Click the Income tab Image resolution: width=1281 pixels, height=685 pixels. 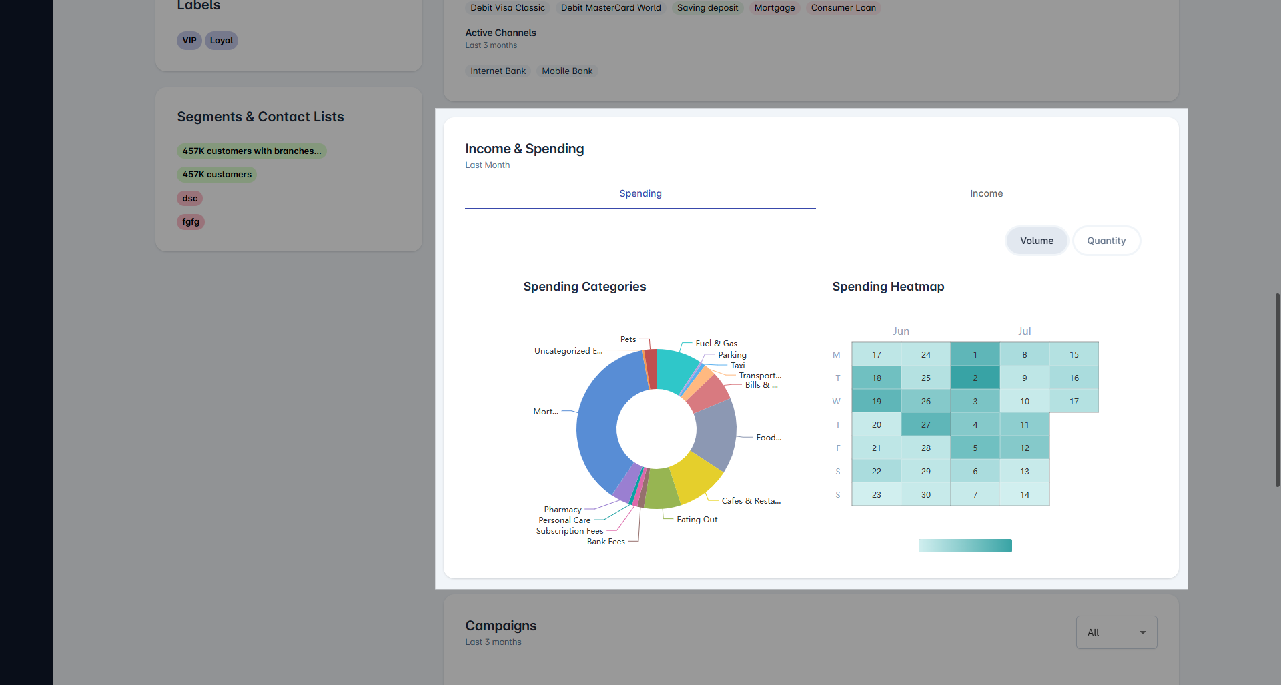pyautogui.click(x=986, y=193)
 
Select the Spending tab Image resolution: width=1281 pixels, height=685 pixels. pyautogui.click(x=640, y=193)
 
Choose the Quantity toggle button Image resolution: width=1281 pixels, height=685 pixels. pyautogui.click(x=1106, y=241)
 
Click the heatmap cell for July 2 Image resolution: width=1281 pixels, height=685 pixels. pyautogui.click(x=975, y=378)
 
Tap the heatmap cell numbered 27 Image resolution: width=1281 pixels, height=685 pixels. pyautogui.click(x=925, y=425)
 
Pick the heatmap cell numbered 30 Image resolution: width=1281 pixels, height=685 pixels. pyautogui.click(x=925, y=495)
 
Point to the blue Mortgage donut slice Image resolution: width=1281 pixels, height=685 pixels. pyautogui.click(x=596, y=427)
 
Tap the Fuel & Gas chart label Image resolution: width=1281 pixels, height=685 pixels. pyautogui.click(x=716, y=344)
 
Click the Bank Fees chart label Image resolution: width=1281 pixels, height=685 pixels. pyautogui.click(x=606, y=542)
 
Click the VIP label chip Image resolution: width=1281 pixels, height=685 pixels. pyautogui.click(x=189, y=41)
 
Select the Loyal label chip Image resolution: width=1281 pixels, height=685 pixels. pyautogui.click(x=222, y=41)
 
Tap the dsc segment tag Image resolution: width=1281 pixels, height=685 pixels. pyautogui.click(x=189, y=199)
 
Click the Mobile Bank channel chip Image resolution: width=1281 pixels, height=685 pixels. pyautogui.click(x=566, y=71)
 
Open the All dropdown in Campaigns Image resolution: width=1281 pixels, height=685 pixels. pyautogui.click(x=1116, y=632)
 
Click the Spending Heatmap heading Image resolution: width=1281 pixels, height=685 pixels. pyautogui.click(x=887, y=287)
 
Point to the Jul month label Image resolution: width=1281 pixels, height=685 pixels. pyautogui.click(x=1024, y=331)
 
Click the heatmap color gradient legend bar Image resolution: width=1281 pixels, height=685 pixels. pyautogui.click(x=965, y=546)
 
